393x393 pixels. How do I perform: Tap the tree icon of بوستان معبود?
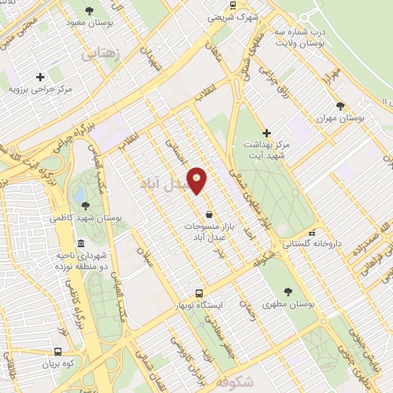click(90, 11)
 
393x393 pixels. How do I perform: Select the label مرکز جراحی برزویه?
click(40, 89)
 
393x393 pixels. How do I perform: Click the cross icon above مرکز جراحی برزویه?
click(40, 76)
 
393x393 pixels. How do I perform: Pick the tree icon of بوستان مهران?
click(341, 106)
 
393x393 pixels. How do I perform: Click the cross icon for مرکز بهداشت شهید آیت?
click(267, 133)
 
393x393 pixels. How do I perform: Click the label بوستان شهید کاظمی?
click(84, 218)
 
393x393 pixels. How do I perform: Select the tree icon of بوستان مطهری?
click(288, 292)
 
